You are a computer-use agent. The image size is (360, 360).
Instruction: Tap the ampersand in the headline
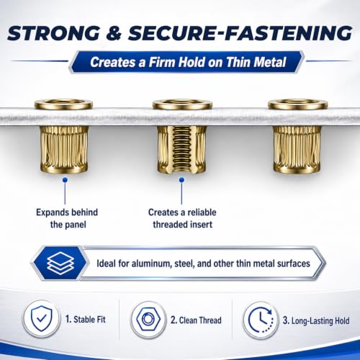coord(114,32)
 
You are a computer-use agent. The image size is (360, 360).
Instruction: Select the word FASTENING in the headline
coord(289,32)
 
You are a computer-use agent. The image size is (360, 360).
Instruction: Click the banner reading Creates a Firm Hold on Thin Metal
coord(186,62)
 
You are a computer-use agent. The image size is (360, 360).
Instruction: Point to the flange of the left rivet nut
coord(63,104)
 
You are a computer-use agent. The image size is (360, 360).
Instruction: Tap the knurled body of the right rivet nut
coord(297,149)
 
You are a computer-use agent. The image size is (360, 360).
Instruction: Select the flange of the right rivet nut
coord(298,104)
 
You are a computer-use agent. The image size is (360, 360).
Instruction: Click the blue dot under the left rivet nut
coord(65,180)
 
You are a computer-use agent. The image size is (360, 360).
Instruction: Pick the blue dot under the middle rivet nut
coord(181,179)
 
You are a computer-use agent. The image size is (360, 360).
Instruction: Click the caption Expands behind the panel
coord(67,219)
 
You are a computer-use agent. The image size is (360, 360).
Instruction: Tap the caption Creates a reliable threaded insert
coord(182,219)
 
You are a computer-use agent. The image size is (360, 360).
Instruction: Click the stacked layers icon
coord(60,263)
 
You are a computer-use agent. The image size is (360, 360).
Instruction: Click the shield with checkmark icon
coord(42,319)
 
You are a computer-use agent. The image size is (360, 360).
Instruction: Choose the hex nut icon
coord(148,320)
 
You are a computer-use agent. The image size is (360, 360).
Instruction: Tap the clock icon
coord(261,320)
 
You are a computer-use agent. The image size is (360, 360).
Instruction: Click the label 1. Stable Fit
coord(86,320)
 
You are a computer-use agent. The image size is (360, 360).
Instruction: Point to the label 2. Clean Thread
coord(196,320)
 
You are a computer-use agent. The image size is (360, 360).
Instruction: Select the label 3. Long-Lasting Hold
coord(316,320)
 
